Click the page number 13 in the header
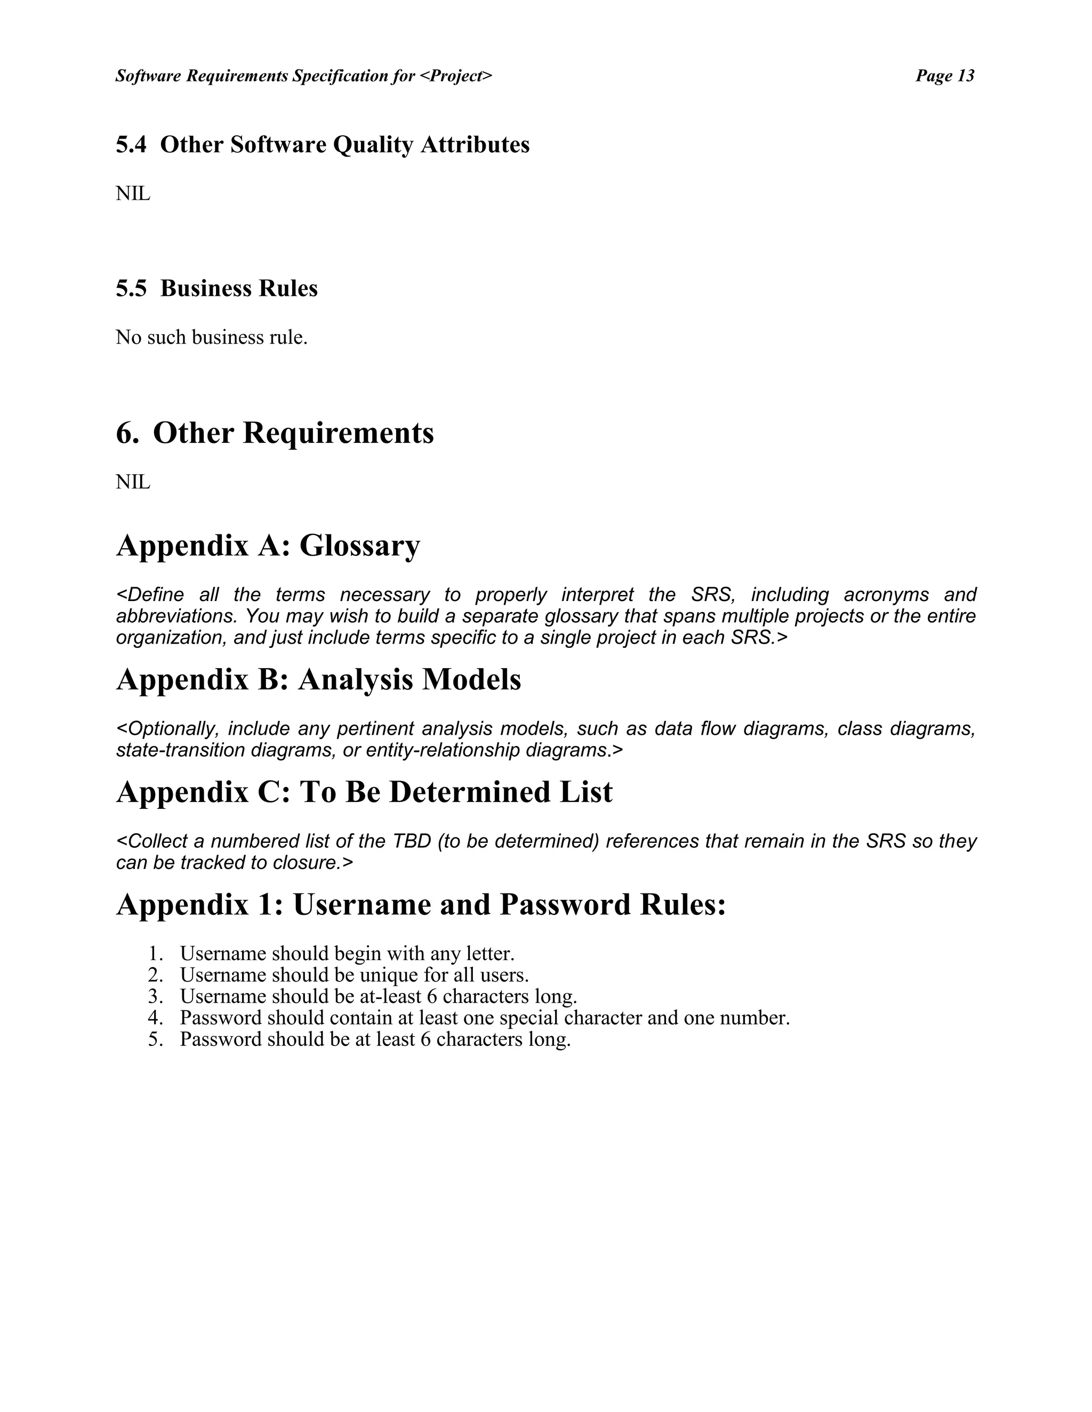tap(965, 76)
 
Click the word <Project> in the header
tap(456, 76)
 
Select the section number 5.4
tap(131, 145)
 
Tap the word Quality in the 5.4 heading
tap(373, 145)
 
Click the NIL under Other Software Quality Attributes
tap(133, 193)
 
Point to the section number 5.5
tap(131, 288)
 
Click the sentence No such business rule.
tap(212, 337)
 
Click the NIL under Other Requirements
tap(133, 482)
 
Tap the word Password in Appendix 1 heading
tap(564, 905)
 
